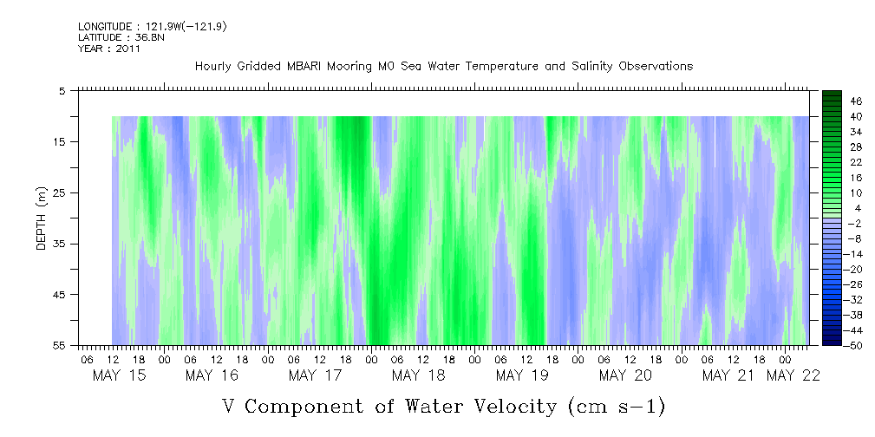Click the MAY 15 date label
(x=120, y=375)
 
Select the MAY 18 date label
(x=419, y=375)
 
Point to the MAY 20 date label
(x=625, y=375)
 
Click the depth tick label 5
(x=62, y=91)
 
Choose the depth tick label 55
(x=60, y=346)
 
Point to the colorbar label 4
(x=855, y=208)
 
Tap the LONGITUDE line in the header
(x=153, y=27)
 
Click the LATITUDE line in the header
(x=114, y=37)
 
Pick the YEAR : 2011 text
(x=109, y=49)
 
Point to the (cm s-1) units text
(x=614, y=406)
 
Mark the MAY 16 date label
(x=212, y=375)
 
